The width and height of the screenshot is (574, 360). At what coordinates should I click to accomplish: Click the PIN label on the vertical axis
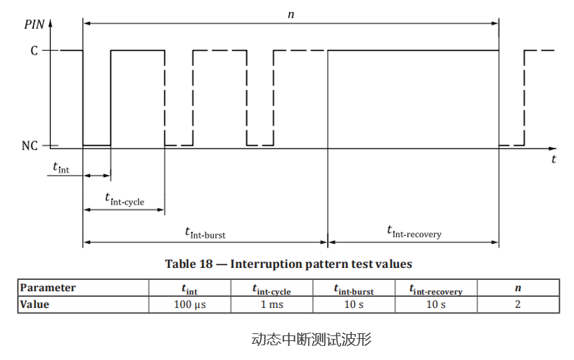(34, 24)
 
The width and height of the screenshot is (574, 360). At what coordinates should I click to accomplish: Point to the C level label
(34, 51)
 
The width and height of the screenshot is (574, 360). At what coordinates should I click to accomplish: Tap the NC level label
(31, 146)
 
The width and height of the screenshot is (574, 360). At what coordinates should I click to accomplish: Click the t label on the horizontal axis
(554, 160)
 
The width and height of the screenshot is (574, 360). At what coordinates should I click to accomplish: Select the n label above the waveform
(291, 14)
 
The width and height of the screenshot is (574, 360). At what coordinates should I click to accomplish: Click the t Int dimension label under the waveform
(66, 167)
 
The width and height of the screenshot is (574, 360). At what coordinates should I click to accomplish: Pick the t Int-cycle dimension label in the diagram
(125, 200)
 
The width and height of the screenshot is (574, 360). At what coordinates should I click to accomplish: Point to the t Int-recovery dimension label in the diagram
(414, 231)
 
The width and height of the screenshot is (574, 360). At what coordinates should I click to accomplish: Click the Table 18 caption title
(288, 264)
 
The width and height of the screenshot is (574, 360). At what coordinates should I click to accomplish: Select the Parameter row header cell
(49, 288)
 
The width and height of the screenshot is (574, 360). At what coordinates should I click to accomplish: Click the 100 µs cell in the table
(190, 304)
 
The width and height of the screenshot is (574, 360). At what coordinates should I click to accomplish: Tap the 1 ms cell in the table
(272, 304)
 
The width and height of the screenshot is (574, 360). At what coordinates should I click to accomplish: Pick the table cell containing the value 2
(518, 304)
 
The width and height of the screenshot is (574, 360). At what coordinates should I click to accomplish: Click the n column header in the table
(518, 288)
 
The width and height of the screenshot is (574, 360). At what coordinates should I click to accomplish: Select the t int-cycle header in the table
(272, 289)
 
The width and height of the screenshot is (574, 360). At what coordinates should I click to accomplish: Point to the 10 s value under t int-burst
(354, 304)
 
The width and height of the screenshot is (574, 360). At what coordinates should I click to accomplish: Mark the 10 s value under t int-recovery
(436, 304)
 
